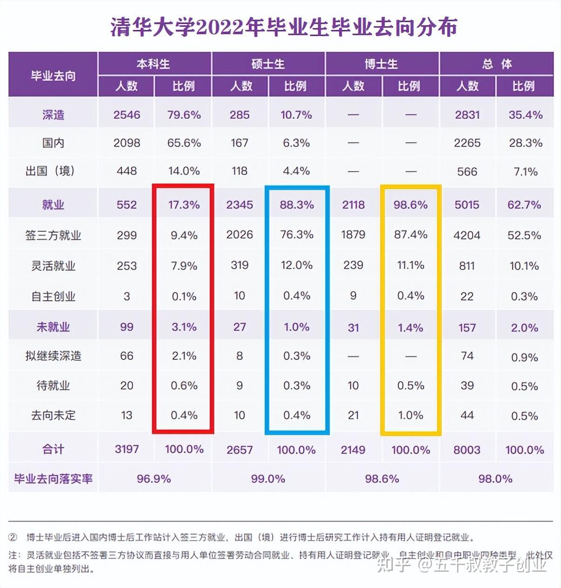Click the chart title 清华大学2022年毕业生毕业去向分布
(284, 27)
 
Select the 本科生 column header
(154, 64)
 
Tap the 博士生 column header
(382, 64)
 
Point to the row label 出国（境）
(50, 171)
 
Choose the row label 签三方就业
(53, 235)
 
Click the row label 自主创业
(53, 296)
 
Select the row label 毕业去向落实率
(53, 479)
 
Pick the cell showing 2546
(127, 115)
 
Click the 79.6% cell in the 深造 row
(184, 115)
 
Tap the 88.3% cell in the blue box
(297, 205)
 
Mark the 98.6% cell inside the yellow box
(410, 205)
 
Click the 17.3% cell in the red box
(184, 205)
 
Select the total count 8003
(467, 450)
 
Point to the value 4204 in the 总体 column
(467, 235)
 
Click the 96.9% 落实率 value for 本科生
(154, 479)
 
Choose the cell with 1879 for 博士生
(353, 234)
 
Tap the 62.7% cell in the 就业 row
(524, 205)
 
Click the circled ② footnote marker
(13, 537)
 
